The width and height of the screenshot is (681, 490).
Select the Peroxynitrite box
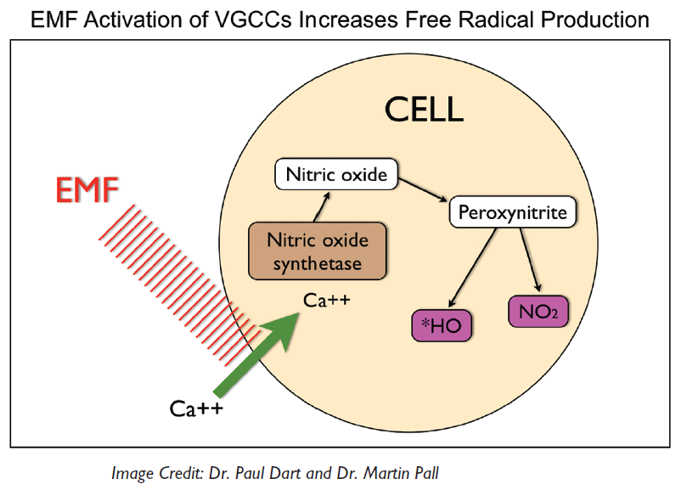pos(513,212)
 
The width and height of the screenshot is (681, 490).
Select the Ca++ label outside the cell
pos(196,409)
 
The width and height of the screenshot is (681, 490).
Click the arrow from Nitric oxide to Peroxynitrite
pos(422,190)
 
